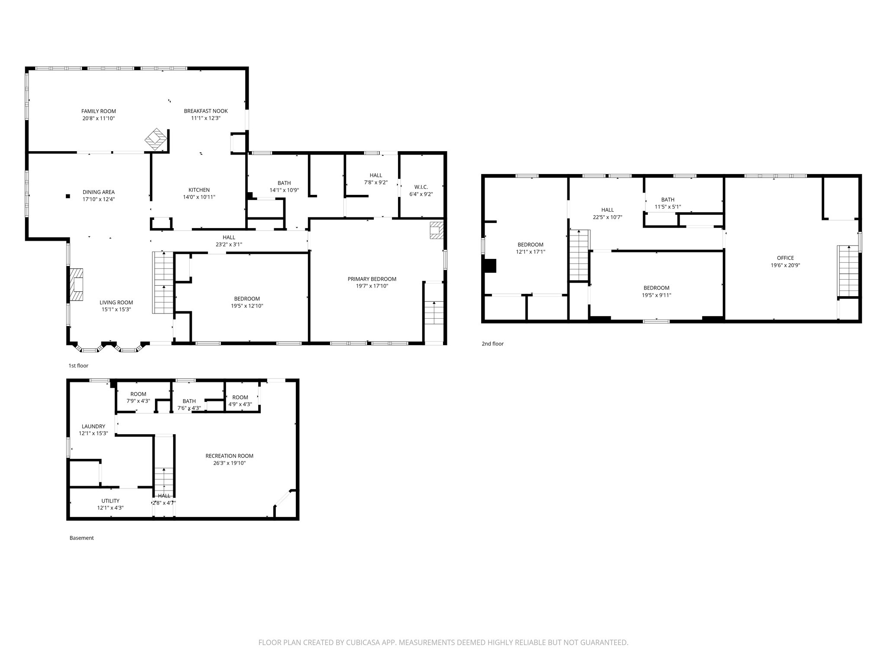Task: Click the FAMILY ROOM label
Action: tap(99, 111)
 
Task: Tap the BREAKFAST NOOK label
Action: tap(206, 111)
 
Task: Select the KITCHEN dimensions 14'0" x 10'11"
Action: tap(199, 197)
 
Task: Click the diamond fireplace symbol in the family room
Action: tap(155, 139)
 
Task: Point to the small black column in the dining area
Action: tap(68, 196)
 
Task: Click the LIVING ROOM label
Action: tap(116, 303)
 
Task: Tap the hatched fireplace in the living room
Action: tap(77, 284)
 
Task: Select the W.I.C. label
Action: tap(421, 187)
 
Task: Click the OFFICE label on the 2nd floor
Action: tap(785, 258)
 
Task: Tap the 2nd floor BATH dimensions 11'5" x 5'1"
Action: tap(667, 207)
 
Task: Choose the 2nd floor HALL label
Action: tap(607, 210)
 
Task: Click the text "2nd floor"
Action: tap(492, 344)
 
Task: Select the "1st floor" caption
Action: tap(78, 366)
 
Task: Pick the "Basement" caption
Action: tap(81, 538)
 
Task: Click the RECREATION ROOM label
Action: tap(229, 456)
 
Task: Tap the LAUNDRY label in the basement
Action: tap(93, 426)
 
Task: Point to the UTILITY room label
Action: tap(110, 501)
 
